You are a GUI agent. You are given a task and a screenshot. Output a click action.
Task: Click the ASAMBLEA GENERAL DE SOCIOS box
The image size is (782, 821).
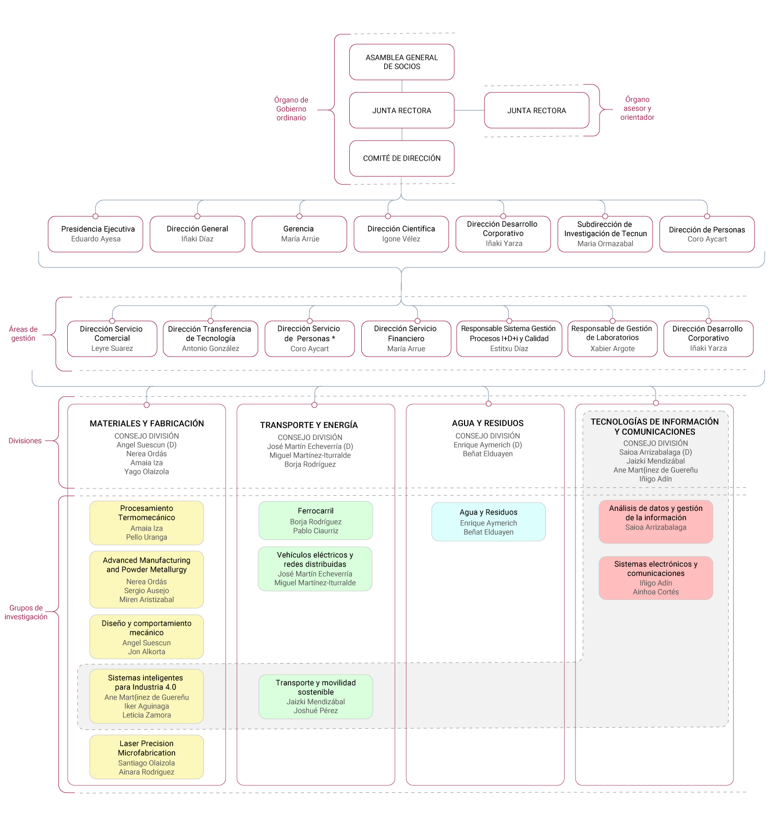pos(401,62)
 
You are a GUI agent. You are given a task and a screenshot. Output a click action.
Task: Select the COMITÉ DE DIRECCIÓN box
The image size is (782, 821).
pos(401,158)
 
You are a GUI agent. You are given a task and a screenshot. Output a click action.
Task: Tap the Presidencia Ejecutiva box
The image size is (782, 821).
pos(95,234)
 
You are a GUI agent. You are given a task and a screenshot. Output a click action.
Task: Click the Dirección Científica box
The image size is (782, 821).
pos(401,234)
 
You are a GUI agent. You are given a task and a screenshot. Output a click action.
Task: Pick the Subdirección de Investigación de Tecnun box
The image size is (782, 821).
pos(605,234)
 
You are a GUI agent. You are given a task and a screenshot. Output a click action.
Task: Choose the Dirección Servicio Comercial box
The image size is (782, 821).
pos(112,339)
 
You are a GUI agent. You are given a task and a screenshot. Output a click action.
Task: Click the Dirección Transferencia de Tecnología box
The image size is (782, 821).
pos(210,339)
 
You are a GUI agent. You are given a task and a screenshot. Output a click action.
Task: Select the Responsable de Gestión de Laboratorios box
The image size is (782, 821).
pos(612,339)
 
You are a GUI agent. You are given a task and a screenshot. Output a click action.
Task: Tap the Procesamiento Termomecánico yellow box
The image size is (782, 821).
pos(146,523)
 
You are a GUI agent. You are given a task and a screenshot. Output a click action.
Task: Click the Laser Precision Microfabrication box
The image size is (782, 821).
pos(146,757)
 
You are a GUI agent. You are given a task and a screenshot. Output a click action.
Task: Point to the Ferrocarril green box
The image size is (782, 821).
pos(315,520)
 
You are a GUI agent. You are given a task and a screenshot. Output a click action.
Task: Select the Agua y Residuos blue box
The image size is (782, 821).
pos(488,522)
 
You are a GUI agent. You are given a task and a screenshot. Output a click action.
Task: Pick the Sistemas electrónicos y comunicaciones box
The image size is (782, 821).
pos(655,578)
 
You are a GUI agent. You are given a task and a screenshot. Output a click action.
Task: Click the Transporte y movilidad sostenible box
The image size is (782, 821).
pos(315,696)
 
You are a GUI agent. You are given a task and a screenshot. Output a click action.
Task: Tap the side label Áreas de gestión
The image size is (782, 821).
pos(23,334)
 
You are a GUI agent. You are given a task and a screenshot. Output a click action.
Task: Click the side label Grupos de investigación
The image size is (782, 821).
pos(26,612)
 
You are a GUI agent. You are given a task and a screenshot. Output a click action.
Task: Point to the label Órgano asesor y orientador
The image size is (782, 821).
pos(637,108)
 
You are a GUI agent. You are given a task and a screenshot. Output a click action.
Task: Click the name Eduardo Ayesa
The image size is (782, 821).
pos(95,239)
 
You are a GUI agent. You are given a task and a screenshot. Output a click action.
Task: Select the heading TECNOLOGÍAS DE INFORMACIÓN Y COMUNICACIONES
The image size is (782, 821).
pos(655,426)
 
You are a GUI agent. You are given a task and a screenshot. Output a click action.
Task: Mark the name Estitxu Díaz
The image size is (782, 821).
pos(509,349)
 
